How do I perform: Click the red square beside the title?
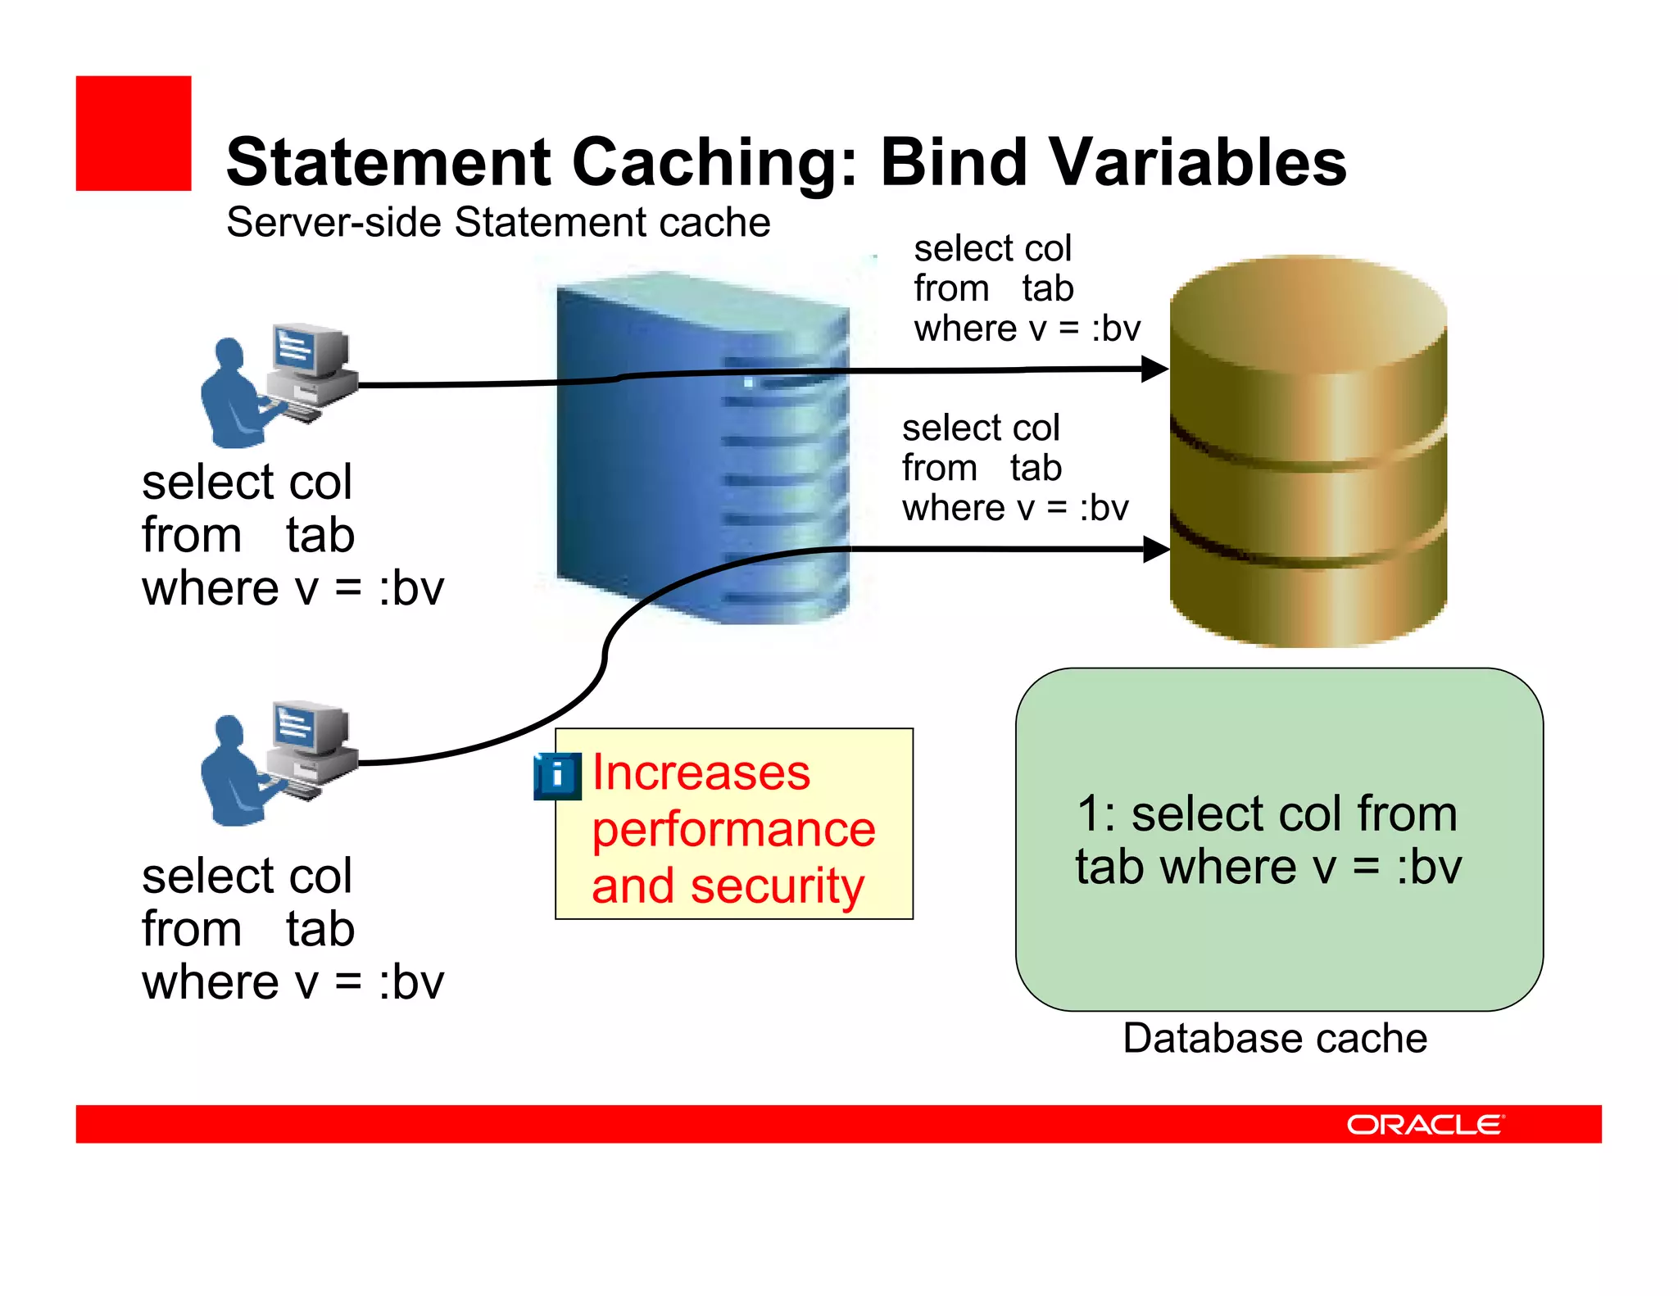pyautogui.click(x=134, y=134)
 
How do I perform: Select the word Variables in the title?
pyautogui.click(x=1197, y=161)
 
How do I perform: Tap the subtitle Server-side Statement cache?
pyautogui.click(x=498, y=223)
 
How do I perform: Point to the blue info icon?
pyautogui.click(x=557, y=775)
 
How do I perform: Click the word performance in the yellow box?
pyautogui.click(x=733, y=829)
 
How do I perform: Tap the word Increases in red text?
pyautogui.click(x=701, y=773)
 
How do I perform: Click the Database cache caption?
pyautogui.click(x=1275, y=1038)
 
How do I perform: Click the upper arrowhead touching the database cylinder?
pyautogui.click(x=1155, y=369)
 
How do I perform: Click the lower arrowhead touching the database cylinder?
pyautogui.click(x=1156, y=549)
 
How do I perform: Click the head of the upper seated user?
pyautogui.click(x=229, y=355)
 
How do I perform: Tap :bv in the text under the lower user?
pyautogui.click(x=411, y=982)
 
